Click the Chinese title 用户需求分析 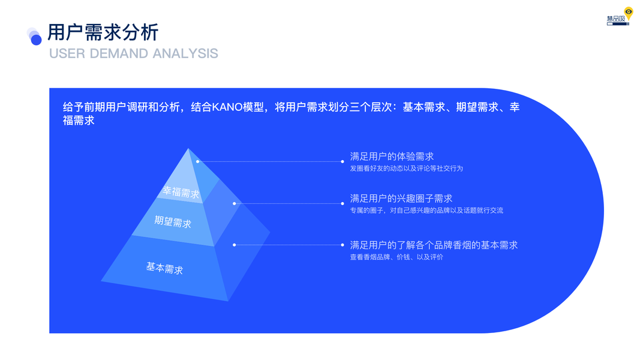103,32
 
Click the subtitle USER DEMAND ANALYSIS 134,53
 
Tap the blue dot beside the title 36,40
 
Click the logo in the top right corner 620,16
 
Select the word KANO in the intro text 227,107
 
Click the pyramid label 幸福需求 181,192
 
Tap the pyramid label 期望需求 173,221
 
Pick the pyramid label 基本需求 164,268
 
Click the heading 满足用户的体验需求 392,157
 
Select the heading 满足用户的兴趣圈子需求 401,199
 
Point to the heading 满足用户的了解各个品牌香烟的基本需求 434,245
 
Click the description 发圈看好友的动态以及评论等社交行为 407,168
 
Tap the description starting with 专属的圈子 426,210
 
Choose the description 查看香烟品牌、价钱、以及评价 396,257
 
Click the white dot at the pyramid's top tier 198,161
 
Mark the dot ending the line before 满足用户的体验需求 342,161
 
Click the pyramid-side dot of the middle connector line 235,203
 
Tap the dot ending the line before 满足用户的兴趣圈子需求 342,203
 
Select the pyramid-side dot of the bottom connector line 235,245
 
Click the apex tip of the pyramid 188,149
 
